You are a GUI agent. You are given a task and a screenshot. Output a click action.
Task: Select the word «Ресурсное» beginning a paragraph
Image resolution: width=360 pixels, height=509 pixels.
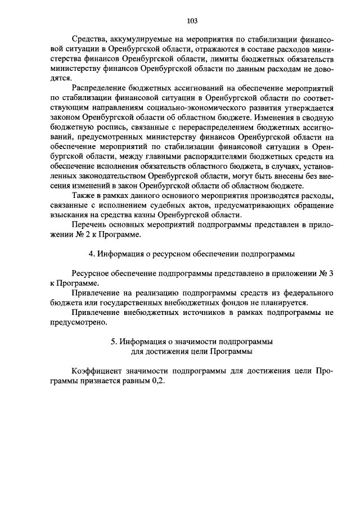pyautogui.click(x=92, y=273)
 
